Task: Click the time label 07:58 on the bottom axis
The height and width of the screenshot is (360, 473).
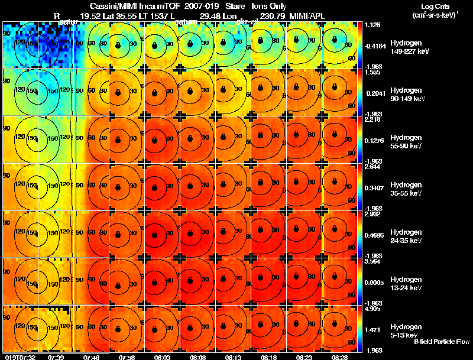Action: [127, 357]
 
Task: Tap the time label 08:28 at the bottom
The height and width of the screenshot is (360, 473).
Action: [340, 357]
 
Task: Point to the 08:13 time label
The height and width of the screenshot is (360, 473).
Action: [234, 357]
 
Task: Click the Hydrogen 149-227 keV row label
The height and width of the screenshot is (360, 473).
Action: [406, 47]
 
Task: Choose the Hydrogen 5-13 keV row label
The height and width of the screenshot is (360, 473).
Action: [406, 330]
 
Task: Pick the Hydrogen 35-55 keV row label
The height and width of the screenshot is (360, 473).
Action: [406, 189]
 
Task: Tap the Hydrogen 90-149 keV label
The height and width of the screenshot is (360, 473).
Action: [406, 94]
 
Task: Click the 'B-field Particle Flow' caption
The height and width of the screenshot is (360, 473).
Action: [441, 342]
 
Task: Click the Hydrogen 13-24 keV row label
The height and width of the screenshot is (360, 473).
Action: [406, 283]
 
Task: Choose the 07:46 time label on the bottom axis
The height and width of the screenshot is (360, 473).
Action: [91, 357]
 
